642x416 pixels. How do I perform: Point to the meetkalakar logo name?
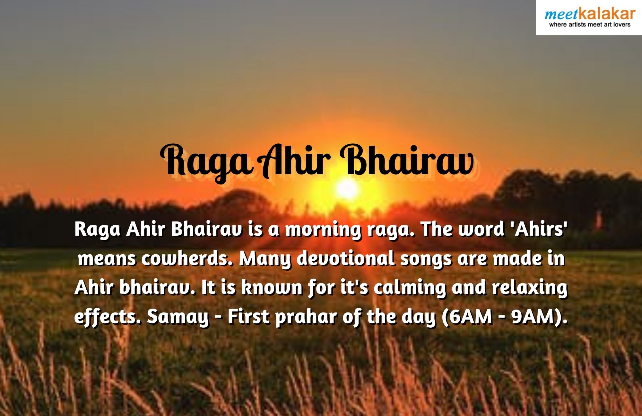point(590,14)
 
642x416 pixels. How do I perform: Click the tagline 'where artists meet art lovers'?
point(590,25)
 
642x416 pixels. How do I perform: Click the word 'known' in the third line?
point(272,287)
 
